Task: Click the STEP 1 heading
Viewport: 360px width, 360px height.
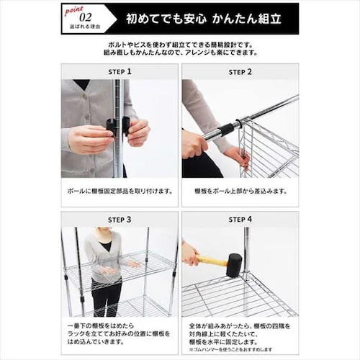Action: tap(119, 72)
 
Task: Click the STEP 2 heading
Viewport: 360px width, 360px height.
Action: tap(240, 72)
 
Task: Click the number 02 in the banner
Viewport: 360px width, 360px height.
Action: tap(85, 17)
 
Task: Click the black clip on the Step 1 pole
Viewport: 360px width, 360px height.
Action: tap(117, 127)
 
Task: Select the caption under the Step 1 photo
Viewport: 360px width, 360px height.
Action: tap(119, 192)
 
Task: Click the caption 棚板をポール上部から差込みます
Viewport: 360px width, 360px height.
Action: tap(240, 192)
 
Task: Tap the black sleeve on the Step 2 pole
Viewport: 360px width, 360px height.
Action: tap(225, 130)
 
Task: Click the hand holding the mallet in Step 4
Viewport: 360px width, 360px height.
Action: tap(189, 253)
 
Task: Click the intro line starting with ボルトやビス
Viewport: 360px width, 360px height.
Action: tap(180, 44)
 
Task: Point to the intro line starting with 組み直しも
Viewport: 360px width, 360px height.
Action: tap(180, 53)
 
